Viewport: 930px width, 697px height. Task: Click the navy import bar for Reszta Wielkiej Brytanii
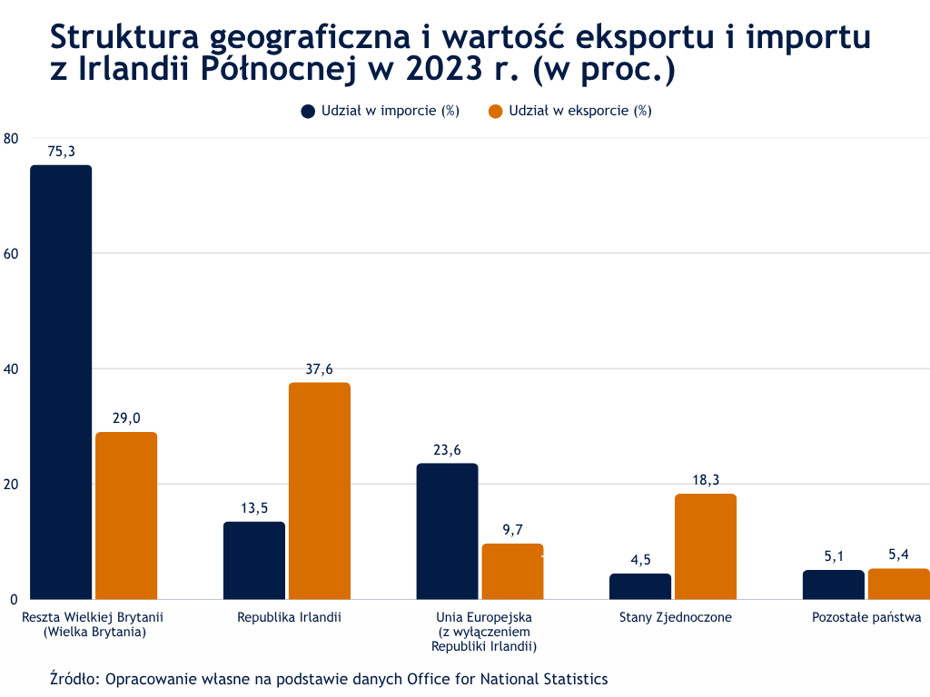pyautogui.click(x=61, y=381)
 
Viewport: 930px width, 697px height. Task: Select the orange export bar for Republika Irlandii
pyautogui.click(x=319, y=490)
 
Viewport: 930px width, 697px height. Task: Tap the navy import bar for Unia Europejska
pyautogui.click(x=447, y=531)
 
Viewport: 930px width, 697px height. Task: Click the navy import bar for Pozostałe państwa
pyautogui.click(x=833, y=584)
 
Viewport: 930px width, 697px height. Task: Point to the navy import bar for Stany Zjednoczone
pyautogui.click(x=640, y=586)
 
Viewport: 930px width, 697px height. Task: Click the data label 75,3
pyautogui.click(x=61, y=152)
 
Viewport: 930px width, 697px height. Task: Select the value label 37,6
pyautogui.click(x=319, y=369)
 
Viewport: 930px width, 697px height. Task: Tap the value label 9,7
pyautogui.click(x=512, y=530)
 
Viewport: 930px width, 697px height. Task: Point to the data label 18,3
pyautogui.click(x=705, y=480)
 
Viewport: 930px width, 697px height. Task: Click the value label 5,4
pyautogui.click(x=899, y=555)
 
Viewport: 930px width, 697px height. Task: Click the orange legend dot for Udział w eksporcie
pyautogui.click(x=496, y=111)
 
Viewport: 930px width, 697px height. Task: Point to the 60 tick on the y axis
pyautogui.click(x=11, y=253)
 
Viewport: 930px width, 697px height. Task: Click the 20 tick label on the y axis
pyautogui.click(x=11, y=484)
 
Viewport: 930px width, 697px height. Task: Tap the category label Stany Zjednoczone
pyautogui.click(x=676, y=618)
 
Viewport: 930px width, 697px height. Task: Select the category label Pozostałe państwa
pyautogui.click(x=866, y=618)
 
